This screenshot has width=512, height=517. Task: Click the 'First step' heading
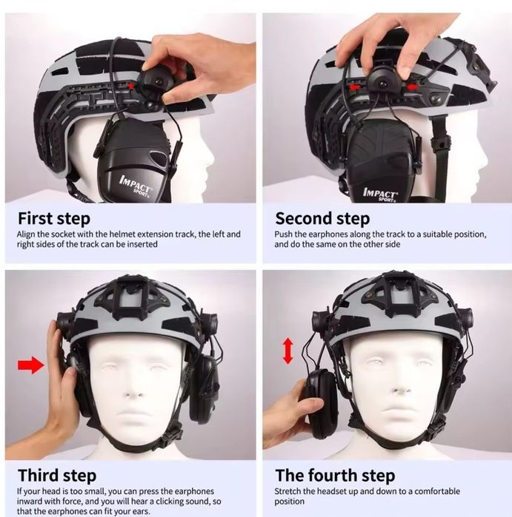(54, 219)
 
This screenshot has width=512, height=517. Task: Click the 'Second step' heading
(322, 219)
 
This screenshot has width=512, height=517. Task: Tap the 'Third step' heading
(57, 476)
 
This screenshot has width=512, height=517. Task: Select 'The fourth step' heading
(335, 476)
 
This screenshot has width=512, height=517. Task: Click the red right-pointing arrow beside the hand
(30, 365)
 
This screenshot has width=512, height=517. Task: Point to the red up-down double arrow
(287, 351)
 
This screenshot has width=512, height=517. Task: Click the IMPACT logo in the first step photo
(136, 186)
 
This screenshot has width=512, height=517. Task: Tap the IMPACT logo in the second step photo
(380, 195)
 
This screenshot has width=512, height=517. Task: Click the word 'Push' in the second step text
(283, 234)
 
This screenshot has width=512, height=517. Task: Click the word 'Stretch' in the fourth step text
(287, 491)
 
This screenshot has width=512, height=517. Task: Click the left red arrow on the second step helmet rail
(353, 87)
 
